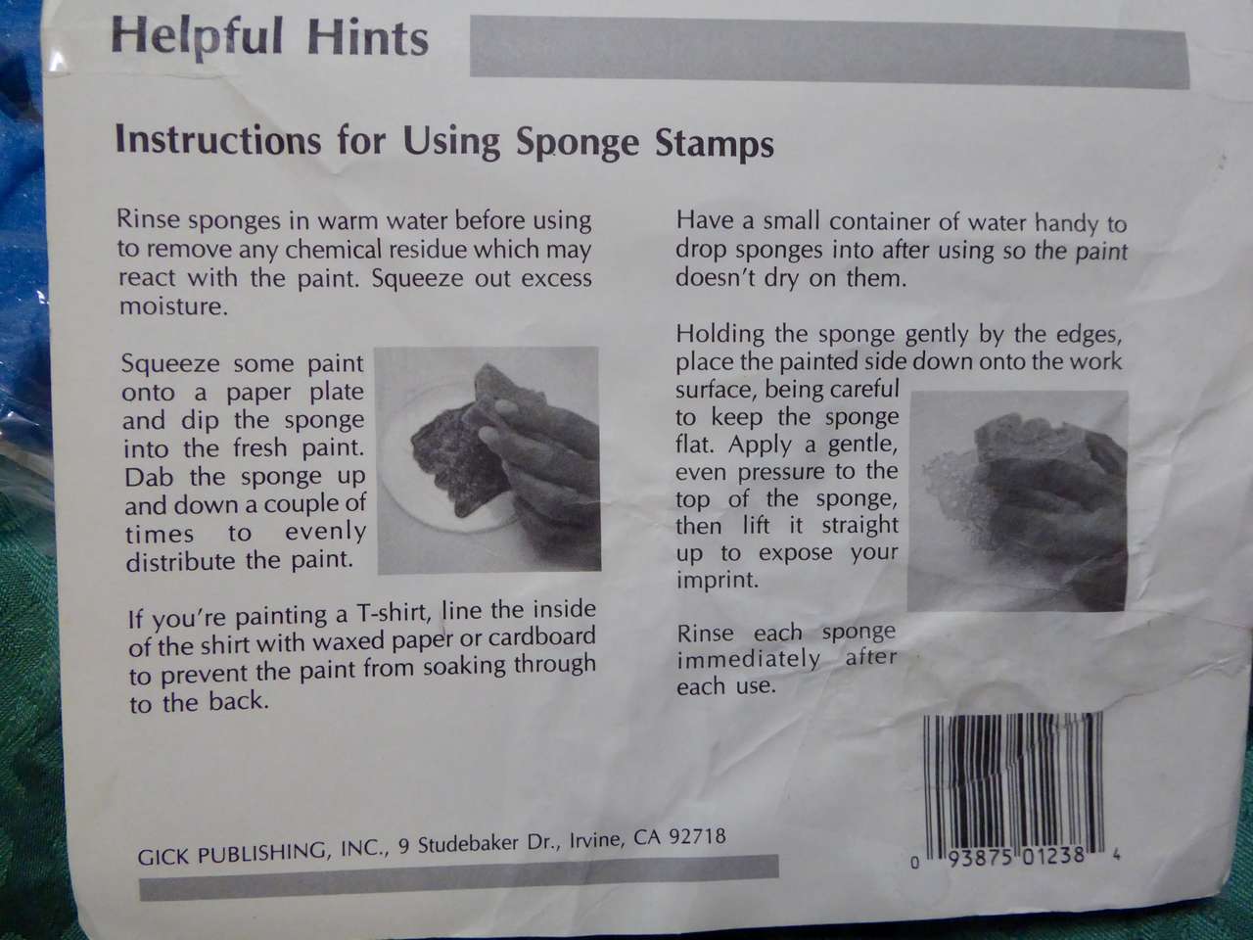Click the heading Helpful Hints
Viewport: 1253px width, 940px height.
269,37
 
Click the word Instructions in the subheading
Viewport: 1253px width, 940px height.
218,140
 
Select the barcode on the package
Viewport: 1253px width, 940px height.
1012,783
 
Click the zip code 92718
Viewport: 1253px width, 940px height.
697,836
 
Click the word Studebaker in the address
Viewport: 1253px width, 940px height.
468,844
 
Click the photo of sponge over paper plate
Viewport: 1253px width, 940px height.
488,459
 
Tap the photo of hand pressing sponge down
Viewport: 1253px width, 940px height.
1018,500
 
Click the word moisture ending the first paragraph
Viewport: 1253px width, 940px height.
173,307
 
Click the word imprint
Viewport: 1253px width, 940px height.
718,580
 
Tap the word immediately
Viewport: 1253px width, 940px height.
749,660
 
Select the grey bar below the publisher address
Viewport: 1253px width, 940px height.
459,877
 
